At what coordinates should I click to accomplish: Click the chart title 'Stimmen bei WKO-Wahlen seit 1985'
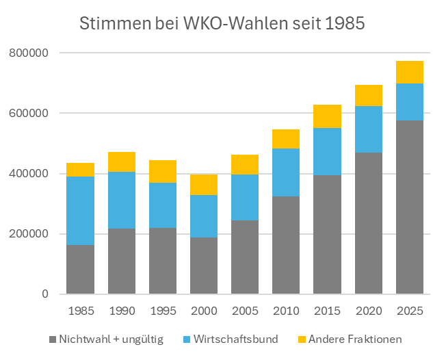click(222, 23)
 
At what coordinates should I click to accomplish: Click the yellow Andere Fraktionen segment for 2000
click(204, 185)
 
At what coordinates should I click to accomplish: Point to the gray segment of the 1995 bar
click(163, 261)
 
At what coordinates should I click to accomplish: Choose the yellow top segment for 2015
click(327, 116)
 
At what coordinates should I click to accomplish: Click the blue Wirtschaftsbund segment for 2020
click(369, 129)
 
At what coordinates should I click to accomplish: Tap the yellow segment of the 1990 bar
click(122, 162)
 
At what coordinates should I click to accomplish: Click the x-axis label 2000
click(204, 311)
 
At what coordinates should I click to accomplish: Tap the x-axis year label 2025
click(410, 311)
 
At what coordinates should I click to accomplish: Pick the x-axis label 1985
click(80, 311)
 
